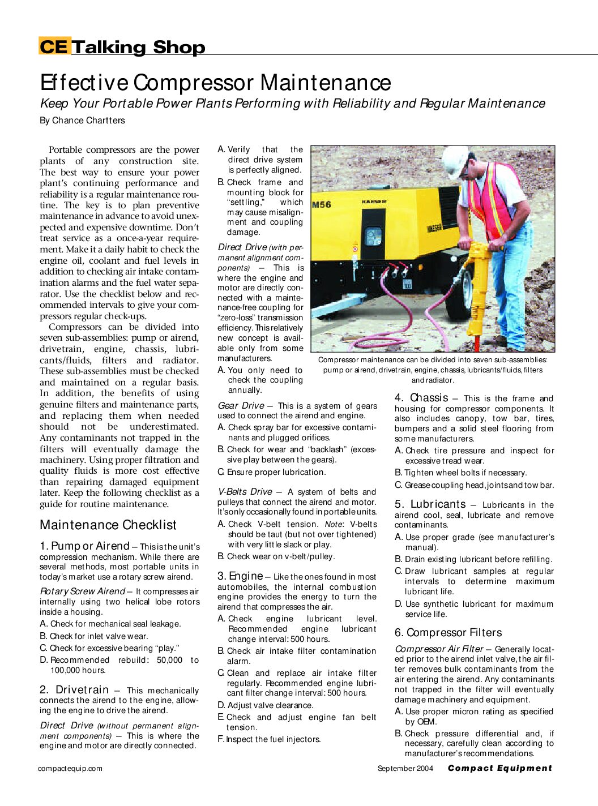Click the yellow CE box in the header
click(54, 46)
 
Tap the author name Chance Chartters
click(88, 121)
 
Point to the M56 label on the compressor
click(322, 204)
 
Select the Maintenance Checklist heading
click(108, 525)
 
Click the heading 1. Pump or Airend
click(85, 546)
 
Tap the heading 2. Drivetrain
click(74, 690)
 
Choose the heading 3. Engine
click(240, 576)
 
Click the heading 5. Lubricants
click(430, 504)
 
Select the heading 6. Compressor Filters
click(448, 633)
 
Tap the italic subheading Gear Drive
click(241, 406)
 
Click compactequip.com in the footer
click(70, 769)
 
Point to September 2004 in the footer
click(405, 769)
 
